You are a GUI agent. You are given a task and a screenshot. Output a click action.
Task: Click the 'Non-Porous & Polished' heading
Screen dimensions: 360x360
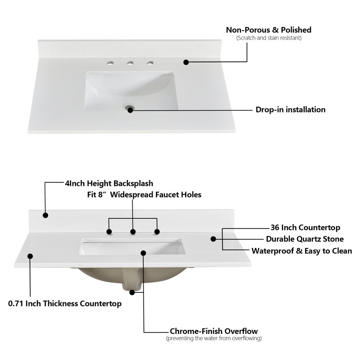pos(269,30)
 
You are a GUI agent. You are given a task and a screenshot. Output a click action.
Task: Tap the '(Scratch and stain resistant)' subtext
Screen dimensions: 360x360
pos(269,38)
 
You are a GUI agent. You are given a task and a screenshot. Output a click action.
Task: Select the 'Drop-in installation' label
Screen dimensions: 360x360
pos(290,109)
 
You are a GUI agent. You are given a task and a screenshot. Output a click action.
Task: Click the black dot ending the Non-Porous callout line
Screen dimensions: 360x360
pos(186,62)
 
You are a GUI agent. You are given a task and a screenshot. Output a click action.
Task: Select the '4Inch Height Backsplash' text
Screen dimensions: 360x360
pos(109,184)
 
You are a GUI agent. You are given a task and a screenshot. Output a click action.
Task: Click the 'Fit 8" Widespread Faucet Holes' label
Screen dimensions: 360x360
pos(144,195)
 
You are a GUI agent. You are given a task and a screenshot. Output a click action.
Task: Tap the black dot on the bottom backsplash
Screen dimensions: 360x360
pos(45,215)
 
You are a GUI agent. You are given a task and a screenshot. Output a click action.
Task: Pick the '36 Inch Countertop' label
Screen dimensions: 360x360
pos(305,228)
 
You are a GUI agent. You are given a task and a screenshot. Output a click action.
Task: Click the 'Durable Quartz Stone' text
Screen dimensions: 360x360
pos(305,239)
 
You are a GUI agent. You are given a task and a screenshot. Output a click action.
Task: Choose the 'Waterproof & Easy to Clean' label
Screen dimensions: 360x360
pos(301,251)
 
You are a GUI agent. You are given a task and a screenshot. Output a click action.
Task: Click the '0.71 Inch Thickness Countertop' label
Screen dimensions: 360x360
pos(65,303)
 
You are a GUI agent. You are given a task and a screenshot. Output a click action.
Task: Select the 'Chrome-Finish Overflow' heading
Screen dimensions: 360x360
pos(214,331)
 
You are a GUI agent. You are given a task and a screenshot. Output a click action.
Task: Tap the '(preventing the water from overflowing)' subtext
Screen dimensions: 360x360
pos(214,338)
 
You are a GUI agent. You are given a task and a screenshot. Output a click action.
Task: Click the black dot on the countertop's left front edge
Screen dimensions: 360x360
pos(30,256)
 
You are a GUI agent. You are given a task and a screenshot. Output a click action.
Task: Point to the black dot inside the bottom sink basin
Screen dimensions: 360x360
pos(144,253)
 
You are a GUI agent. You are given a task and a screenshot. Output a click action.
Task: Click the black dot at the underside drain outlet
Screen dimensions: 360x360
pos(132,292)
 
